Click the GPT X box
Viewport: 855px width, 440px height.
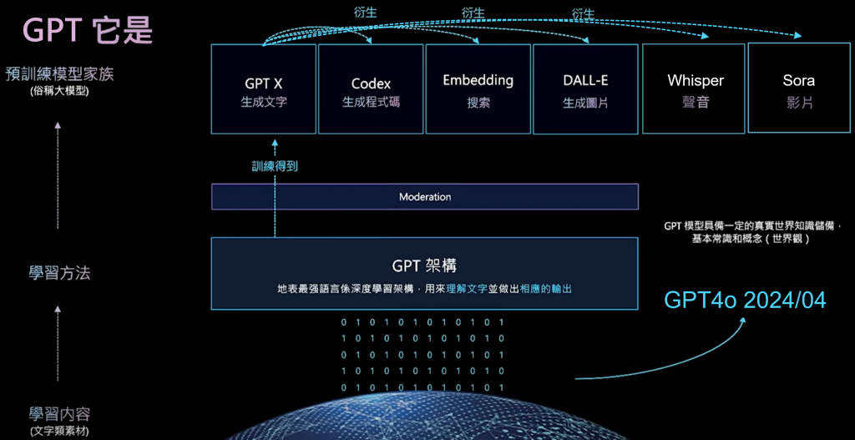pyautogui.click(x=263, y=89)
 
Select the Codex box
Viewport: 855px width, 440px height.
pyautogui.click(x=371, y=89)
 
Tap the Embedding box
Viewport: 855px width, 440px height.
pyautogui.click(x=478, y=89)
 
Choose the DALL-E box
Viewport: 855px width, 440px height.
pyautogui.click(x=585, y=89)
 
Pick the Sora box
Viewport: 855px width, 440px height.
pyautogui.click(x=799, y=89)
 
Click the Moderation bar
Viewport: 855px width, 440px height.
pyautogui.click(x=424, y=197)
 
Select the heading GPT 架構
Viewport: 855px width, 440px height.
pyautogui.click(x=424, y=266)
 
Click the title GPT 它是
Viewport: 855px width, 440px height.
pyautogui.click(x=88, y=29)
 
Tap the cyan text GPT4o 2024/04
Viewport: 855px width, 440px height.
pyautogui.click(x=745, y=299)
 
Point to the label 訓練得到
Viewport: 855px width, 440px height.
pyautogui.click(x=275, y=166)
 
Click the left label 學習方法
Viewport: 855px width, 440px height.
pyautogui.click(x=59, y=272)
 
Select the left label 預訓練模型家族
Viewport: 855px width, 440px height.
pyautogui.click(x=59, y=73)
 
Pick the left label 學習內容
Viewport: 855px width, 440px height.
pyautogui.click(x=59, y=414)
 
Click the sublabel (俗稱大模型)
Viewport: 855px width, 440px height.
pyautogui.click(x=58, y=91)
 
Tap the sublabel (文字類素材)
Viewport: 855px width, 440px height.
pyautogui.click(x=58, y=431)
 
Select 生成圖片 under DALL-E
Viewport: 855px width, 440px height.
pyautogui.click(x=585, y=104)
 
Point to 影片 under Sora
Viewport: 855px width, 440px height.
pyautogui.click(x=799, y=104)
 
